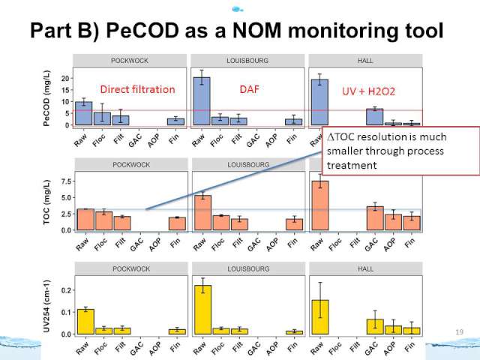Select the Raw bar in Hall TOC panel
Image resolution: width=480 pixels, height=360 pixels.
(319, 205)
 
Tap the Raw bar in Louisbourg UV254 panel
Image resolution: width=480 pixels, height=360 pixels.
(202, 309)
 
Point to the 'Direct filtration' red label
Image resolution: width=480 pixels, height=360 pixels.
(136, 90)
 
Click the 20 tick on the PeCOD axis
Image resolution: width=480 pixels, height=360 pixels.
(65, 79)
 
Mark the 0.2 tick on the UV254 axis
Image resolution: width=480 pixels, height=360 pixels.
(64, 290)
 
